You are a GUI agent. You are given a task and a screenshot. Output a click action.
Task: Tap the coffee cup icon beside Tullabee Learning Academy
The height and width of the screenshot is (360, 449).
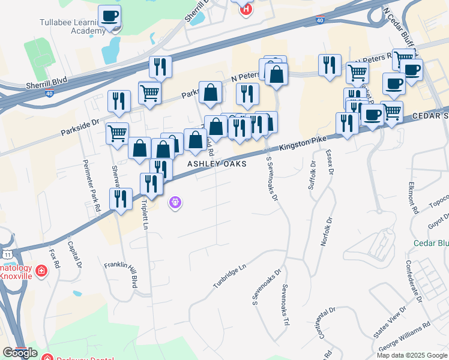(x=109, y=16)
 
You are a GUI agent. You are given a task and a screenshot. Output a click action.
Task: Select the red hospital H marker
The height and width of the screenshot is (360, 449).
(x=245, y=8)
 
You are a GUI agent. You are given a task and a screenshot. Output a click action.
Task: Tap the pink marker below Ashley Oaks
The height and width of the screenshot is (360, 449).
(x=175, y=203)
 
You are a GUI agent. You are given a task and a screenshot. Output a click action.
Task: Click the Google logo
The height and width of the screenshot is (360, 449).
(x=20, y=352)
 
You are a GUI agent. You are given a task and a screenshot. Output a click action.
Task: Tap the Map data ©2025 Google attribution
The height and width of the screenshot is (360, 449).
(x=411, y=355)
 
